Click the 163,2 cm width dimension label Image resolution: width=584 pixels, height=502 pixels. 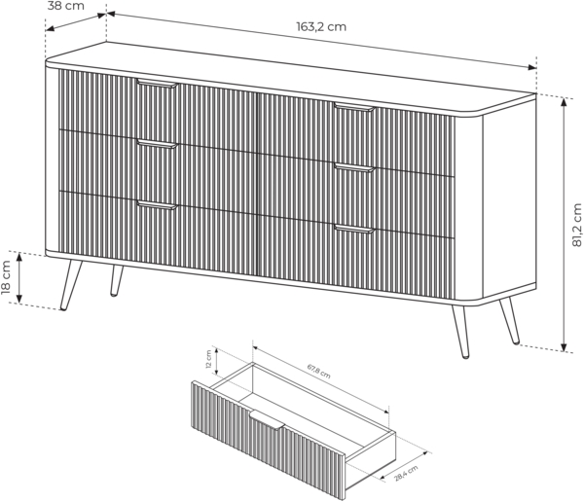321,27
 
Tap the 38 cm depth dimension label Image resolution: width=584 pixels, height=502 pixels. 66,6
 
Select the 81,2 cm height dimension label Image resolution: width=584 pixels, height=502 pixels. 576,225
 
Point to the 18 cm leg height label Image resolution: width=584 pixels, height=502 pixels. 6,276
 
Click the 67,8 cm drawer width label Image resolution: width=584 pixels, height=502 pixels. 319,371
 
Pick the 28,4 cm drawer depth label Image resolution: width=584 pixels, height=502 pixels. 406,473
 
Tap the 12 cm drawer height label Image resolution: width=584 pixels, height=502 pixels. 208,359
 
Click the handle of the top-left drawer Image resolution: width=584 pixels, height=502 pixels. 157,84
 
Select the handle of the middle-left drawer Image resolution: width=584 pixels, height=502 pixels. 157,144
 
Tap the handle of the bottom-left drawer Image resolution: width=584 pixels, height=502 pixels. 157,205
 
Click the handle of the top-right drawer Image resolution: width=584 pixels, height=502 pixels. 354,107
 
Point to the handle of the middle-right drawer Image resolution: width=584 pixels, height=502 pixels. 354,168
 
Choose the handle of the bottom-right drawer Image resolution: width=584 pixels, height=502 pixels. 354,229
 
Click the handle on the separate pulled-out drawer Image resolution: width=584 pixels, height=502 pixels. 268,419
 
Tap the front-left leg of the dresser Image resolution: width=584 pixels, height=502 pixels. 71,285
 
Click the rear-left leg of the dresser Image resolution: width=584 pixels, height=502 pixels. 117,280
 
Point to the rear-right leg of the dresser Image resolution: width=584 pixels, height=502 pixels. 509,321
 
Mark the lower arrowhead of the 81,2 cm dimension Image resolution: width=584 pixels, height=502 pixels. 565,347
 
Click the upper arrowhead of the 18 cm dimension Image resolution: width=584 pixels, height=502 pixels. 19,256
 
